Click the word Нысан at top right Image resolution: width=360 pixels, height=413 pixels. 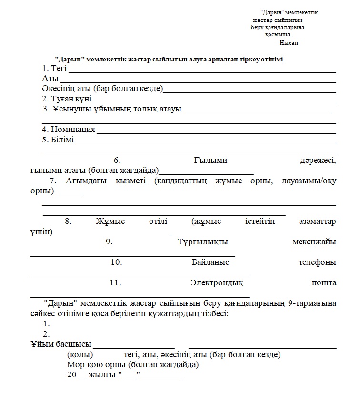point(289,43)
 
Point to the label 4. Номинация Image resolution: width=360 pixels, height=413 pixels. point(69,130)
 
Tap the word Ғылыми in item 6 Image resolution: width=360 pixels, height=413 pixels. point(210,161)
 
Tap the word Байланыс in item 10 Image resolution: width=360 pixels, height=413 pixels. point(210,262)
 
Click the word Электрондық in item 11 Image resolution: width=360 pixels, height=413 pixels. point(217,283)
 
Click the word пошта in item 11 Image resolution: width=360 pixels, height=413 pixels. point(324,283)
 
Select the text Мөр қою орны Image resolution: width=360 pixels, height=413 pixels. point(97,365)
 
